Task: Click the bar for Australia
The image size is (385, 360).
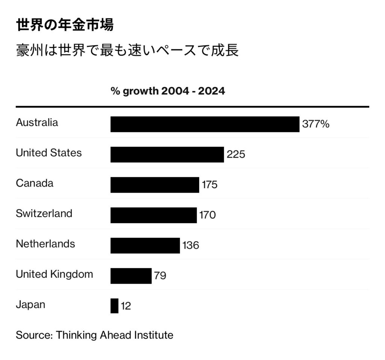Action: coord(205,124)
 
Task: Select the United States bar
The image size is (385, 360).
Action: coord(167,155)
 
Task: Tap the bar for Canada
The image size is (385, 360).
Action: coord(155,185)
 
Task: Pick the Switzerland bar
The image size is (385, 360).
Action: coord(153,215)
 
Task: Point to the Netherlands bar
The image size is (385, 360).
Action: coord(145,245)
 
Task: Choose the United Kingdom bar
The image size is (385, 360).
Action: coord(131,276)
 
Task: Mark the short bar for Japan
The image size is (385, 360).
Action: coord(114,305)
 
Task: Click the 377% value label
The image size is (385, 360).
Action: coord(316,124)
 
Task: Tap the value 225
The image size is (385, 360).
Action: coord(236,155)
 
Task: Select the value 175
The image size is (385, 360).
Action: coord(209,185)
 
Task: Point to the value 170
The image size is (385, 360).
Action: coord(208,215)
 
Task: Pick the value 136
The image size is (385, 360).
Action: coord(191,246)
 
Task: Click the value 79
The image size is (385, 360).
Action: coord(160,276)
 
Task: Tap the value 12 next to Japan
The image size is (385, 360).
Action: coord(126,306)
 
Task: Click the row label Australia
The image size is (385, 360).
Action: coord(37,123)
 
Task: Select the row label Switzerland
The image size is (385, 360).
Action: coord(44,213)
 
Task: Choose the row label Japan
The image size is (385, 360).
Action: coord(30,304)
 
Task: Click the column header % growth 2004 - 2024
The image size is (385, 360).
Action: coord(168,91)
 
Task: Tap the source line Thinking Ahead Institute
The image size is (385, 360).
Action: coord(94,335)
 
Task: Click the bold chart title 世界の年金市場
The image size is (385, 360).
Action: coord(65,25)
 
